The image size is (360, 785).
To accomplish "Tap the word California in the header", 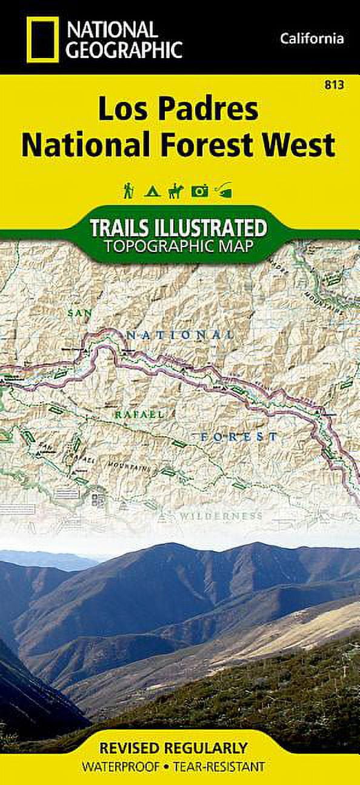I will [x=312, y=39].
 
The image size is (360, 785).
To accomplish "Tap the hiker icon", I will [x=128, y=191].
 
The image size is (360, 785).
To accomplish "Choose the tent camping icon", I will [x=151, y=192].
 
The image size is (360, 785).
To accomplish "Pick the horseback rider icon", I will [x=175, y=191].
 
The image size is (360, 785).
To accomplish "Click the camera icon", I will [x=199, y=192].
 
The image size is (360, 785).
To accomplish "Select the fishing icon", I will [x=224, y=191].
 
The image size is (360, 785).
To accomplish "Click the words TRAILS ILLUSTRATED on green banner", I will [x=178, y=228].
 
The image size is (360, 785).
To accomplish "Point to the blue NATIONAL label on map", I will [x=181, y=334].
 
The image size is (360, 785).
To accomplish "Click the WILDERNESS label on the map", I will [x=221, y=517].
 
